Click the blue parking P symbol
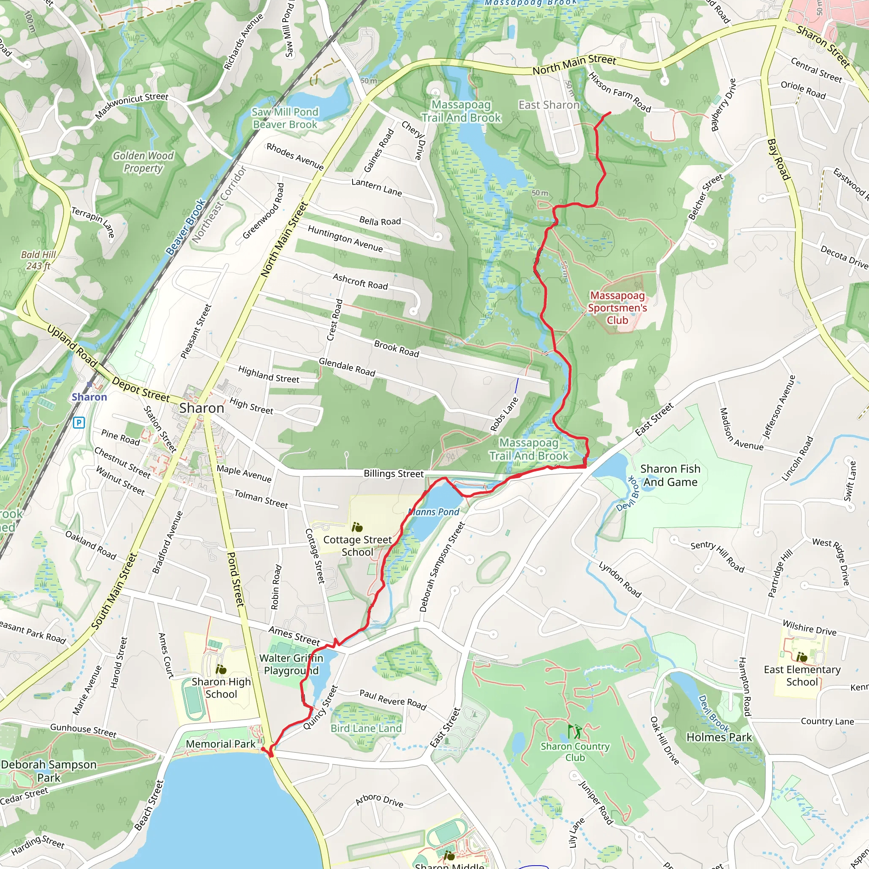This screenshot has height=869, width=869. (79, 422)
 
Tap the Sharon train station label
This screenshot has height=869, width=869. (89, 397)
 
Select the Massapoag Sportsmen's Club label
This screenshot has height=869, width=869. (617, 308)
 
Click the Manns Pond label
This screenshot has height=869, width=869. (434, 512)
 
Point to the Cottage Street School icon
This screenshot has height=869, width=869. (357, 527)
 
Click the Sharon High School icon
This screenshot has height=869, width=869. (220, 670)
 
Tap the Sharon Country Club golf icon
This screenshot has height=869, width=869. (574, 732)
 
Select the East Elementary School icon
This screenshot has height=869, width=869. (801, 657)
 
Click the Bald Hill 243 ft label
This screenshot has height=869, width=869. (38, 260)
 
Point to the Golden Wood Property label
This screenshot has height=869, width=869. (143, 162)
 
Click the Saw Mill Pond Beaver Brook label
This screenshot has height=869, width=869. (285, 118)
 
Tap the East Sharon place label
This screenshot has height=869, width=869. (549, 105)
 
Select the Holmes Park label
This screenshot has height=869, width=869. (719, 737)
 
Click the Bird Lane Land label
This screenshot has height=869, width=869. (366, 728)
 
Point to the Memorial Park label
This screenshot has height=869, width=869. (220, 744)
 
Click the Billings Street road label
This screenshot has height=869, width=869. (394, 474)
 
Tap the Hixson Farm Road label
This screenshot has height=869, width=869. (620, 92)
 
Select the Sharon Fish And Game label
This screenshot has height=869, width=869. (670, 475)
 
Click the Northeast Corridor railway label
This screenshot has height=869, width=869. (219, 204)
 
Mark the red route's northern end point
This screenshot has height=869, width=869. (610, 112)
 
